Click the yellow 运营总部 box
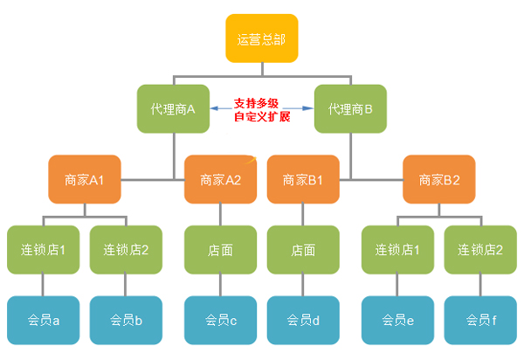tap(261, 38)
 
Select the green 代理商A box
tap(172, 108)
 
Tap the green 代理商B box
tap(350, 108)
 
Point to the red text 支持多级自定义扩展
tap(261, 109)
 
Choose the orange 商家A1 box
tap(85, 179)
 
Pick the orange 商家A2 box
tap(220, 179)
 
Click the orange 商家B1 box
tap(303, 179)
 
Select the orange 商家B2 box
tap(439, 179)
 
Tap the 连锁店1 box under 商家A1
tap(43, 249)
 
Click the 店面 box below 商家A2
tap(220, 249)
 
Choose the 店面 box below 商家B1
tap(303, 249)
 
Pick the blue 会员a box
tap(43, 319)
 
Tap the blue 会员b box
tap(126, 319)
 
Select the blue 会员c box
tap(220, 319)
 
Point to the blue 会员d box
tap(303, 319)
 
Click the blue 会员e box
tap(398, 319)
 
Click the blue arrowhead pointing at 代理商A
tap(212, 107)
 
